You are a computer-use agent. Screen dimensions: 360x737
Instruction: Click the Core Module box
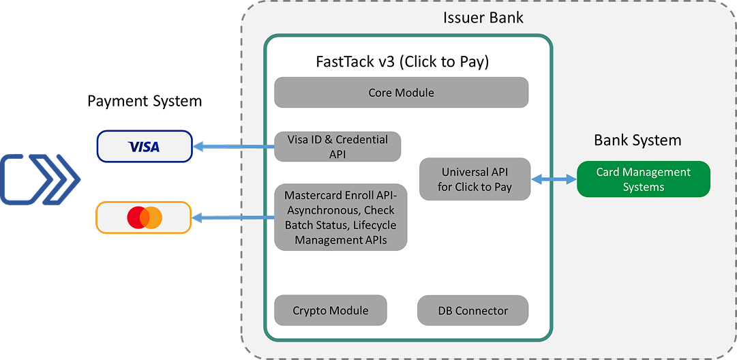(x=401, y=93)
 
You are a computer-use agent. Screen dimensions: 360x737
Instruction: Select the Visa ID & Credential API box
(x=337, y=147)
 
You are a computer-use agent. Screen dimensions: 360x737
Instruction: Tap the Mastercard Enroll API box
(x=341, y=217)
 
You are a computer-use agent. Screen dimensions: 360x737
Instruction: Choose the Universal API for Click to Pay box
(x=475, y=179)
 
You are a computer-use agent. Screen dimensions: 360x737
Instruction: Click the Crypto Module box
(x=331, y=311)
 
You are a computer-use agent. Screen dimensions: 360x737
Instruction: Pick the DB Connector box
(x=472, y=311)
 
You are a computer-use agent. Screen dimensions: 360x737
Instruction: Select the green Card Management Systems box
(x=644, y=179)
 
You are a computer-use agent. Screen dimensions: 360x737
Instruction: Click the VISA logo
(x=144, y=147)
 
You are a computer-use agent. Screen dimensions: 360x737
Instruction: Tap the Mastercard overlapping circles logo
(x=145, y=217)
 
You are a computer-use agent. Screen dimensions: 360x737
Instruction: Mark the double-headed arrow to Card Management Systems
(x=554, y=179)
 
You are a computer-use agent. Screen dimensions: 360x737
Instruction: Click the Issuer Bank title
(x=483, y=18)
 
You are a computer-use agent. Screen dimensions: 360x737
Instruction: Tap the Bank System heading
(x=637, y=140)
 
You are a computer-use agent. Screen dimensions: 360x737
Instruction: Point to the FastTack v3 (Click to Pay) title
(x=402, y=61)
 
